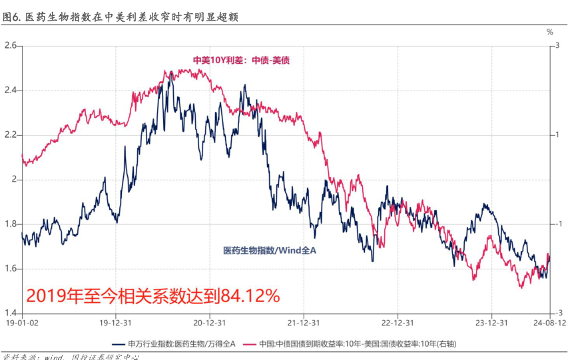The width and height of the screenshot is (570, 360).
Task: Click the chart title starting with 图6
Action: tap(120, 18)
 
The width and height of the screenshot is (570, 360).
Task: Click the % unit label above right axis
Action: tap(550, 31)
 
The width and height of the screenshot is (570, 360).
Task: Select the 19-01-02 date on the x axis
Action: tap(19, 323)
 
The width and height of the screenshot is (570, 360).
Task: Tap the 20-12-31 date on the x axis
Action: tap(208, 323)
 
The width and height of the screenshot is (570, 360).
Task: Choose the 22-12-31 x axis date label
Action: tap(397, 323)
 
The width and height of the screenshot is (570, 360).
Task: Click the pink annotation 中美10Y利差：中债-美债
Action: tap(241, 60)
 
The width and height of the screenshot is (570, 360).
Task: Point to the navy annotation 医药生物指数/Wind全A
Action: tap(269, 250)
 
